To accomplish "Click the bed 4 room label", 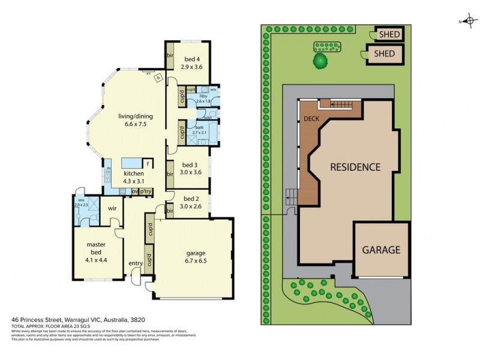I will pos(192,63).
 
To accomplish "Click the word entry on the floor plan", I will pos(134,263).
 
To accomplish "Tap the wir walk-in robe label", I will pos(112,208).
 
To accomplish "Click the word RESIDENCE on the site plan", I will pos(355,167).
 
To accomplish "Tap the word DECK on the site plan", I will pos(311,119).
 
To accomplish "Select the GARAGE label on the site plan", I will pos(380,250).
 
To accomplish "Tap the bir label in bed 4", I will pos(170,56).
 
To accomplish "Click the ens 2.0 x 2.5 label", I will pos(81,202).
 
